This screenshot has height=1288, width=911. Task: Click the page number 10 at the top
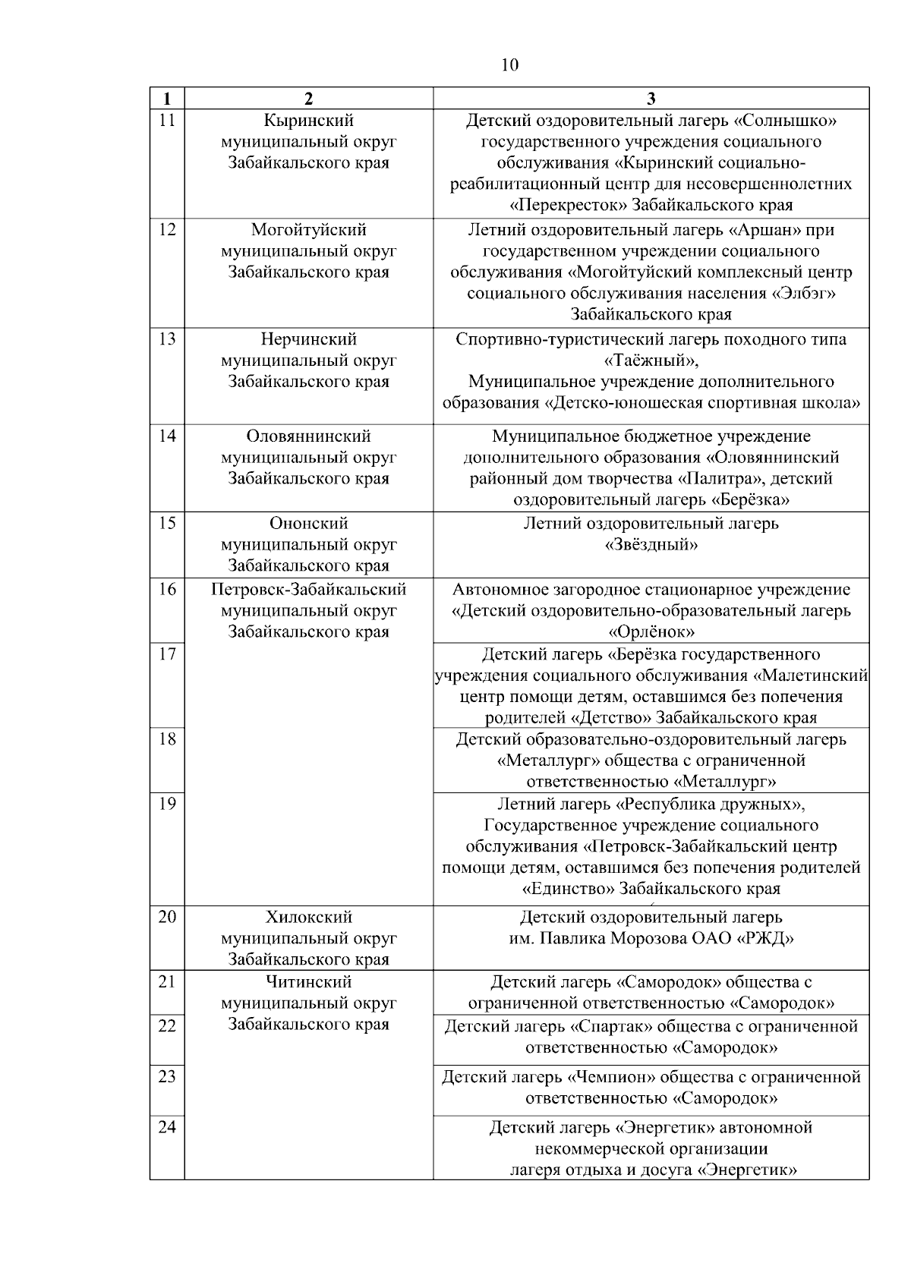[510, 65]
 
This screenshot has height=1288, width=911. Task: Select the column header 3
[651, 99]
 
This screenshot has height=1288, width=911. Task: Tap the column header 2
[308, 99]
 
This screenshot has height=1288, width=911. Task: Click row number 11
[167, 120]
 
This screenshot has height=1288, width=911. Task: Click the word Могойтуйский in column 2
[308, 230]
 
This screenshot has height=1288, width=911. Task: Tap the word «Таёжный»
[651, 361]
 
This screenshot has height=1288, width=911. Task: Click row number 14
[167, 436]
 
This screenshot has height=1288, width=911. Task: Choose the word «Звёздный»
[651, 545]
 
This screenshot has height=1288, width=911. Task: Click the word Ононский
[308, 524]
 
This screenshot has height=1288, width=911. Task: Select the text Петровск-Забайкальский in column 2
[308, 590]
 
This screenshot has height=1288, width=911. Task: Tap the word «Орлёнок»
[651, 632]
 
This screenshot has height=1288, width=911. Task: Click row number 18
[167, 739]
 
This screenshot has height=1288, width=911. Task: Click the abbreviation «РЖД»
[765, 939]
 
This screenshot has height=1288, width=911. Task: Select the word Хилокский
[308, 918]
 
